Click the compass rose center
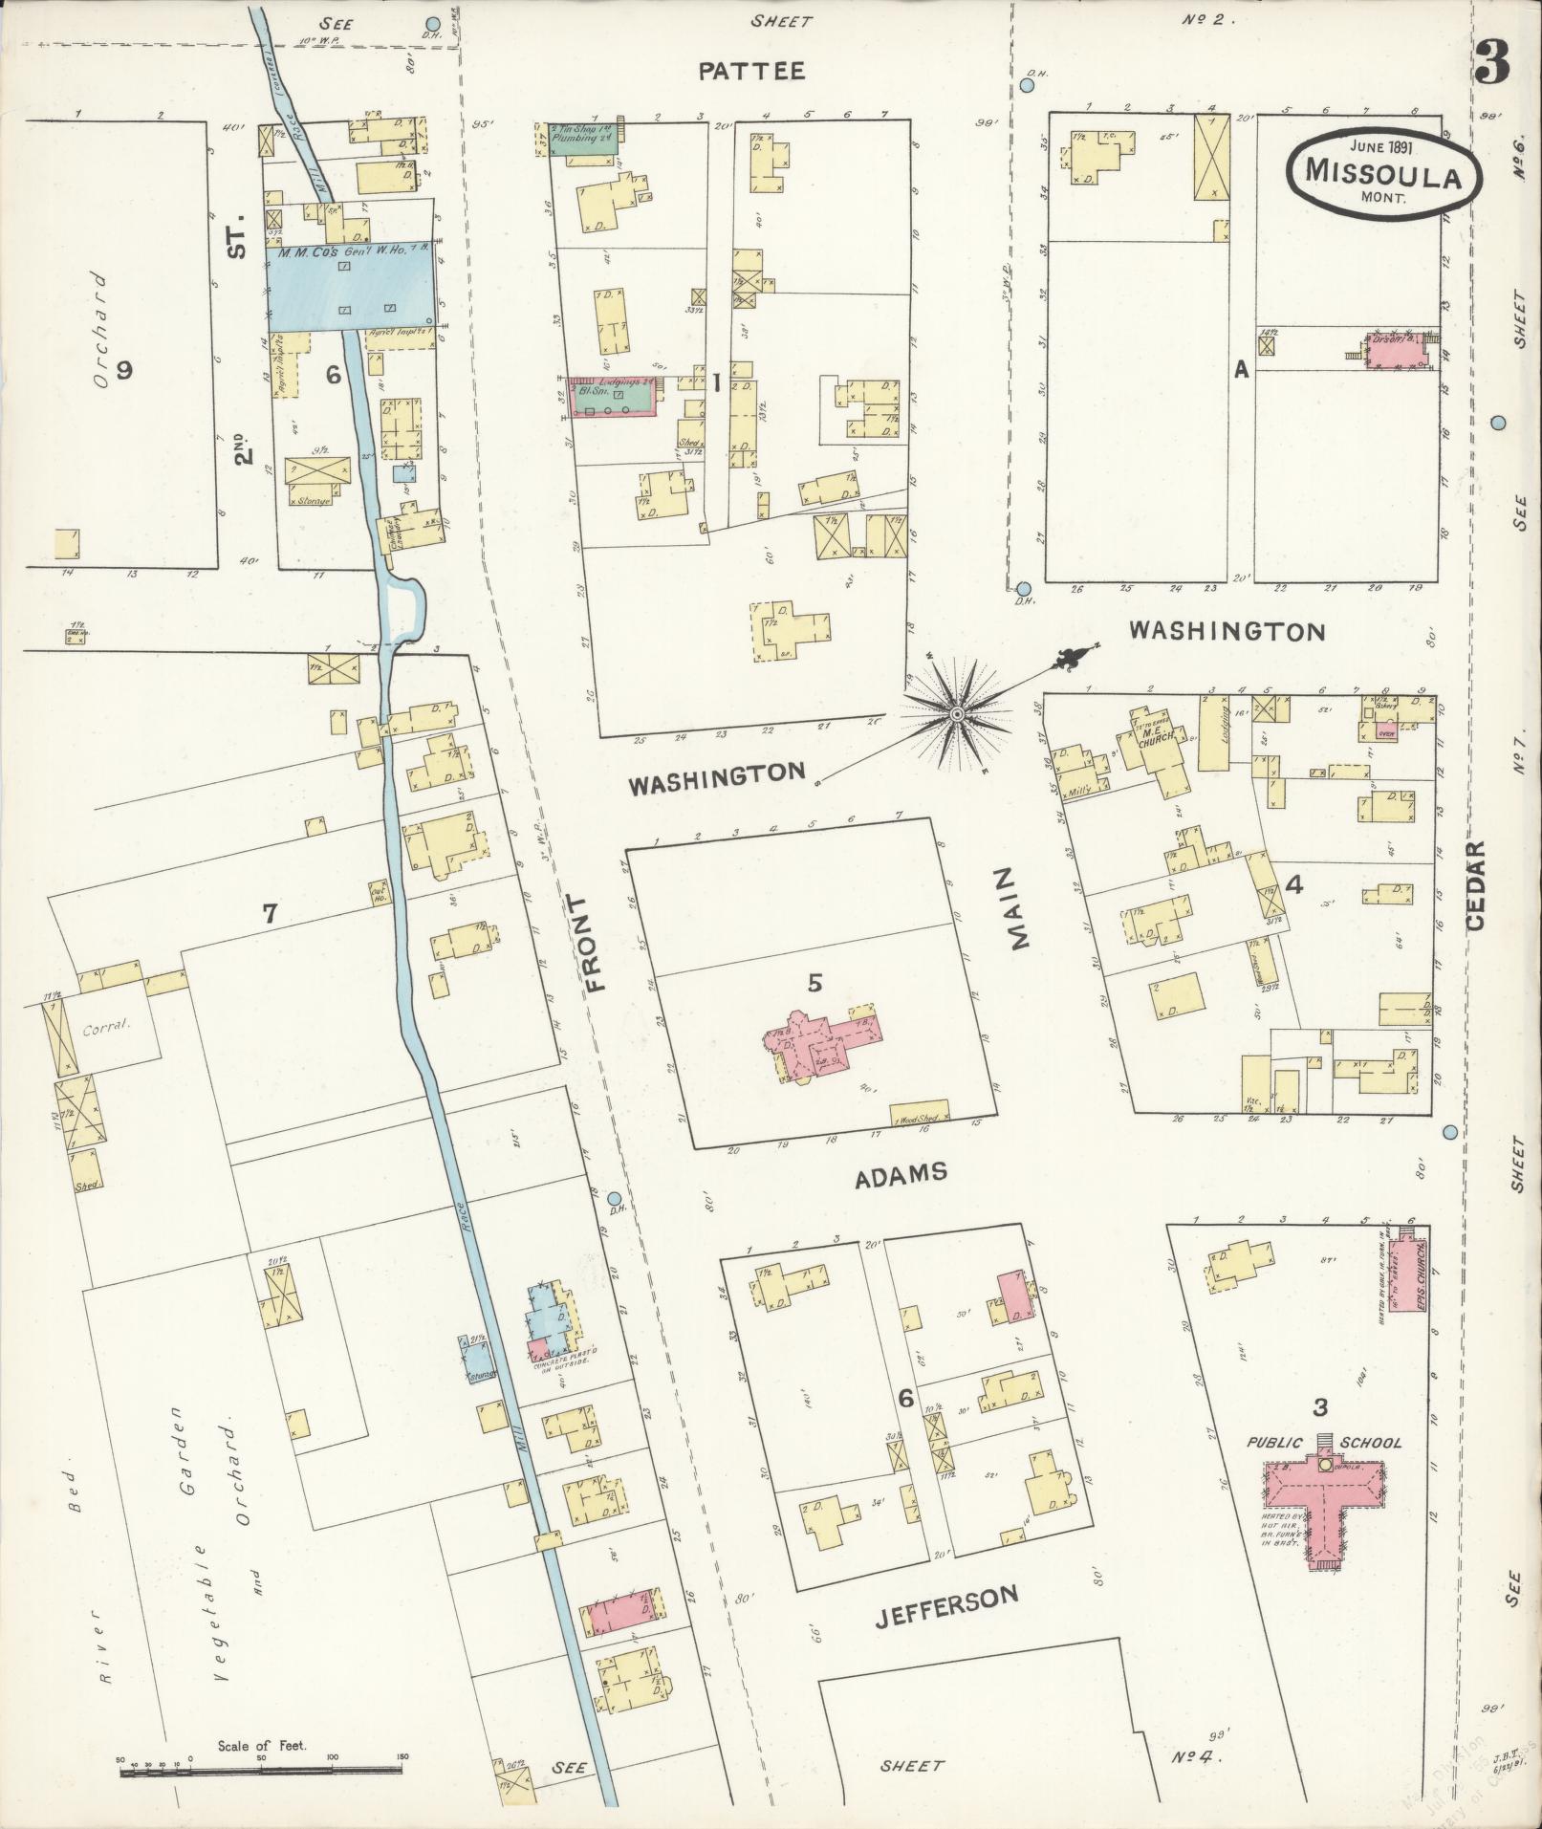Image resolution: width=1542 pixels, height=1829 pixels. tap(957, 713)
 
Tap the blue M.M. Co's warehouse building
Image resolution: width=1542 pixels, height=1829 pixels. tap(352, 285)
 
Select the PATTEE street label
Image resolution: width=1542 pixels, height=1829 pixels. tap(750, 70)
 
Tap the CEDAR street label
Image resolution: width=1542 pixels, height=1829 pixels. tap(1473, 884)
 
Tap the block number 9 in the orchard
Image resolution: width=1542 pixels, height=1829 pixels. tap(123, 371)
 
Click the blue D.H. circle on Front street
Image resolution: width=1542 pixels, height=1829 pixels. tap(615, 1198)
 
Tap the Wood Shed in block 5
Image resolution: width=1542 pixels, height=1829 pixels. tap(921, 1114)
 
